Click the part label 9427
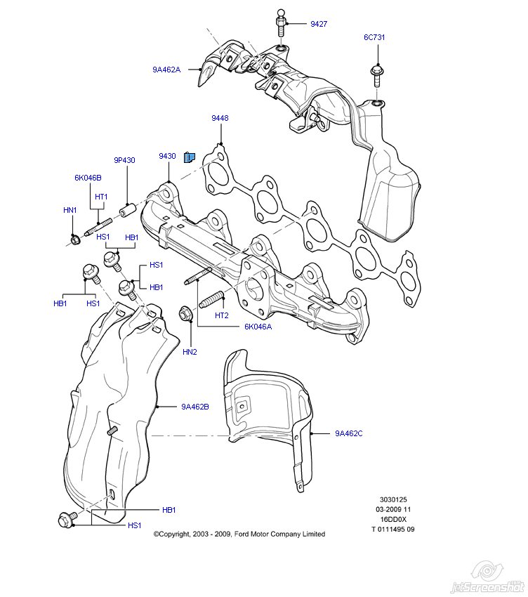pyautogui.click(x=319, y=24)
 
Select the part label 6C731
pyautogui.click(x=374, y=37)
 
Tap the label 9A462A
pyautogui.click(x=166, y=70)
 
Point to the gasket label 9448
pyautogui.click(x=220, y=119)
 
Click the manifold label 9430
pyautogui.click(x=167, y=156)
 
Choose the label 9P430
pyautogui.click(x=125, y=160)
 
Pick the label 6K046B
pyautogui.click(x=88, y=178)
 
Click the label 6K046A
pyautogui.click(x=258, y=327)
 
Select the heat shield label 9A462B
pyautogui.click(x=195, y=406)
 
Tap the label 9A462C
pyautogui.click(x=348, y=433)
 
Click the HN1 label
pyautogui.click(x=70, y=210)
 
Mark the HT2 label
pyautogui.click(x=222, y=315)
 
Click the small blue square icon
pyautogui.click(x=189, y=157)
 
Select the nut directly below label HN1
pyautogui.click(x=74, y=241)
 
